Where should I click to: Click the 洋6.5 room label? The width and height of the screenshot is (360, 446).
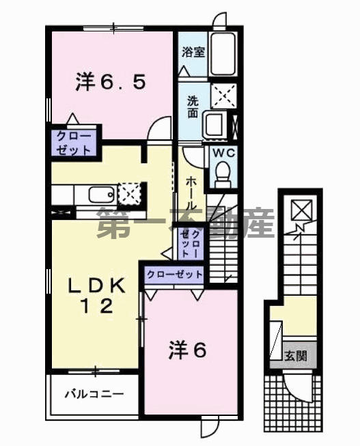(109, 83)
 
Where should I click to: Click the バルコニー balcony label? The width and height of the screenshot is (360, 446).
(94, 394)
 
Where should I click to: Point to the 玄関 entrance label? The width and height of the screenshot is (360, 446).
(296, 356)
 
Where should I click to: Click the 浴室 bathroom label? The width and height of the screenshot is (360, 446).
(194, 52)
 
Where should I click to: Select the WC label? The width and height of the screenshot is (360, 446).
(223, 154)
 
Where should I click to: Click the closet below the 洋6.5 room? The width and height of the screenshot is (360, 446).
(73, 141)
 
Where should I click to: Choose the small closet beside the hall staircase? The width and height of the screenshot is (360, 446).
(189, 243)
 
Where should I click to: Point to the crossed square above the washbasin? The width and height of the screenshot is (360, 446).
(223, 95)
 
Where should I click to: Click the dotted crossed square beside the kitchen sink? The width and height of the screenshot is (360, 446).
(130, 193)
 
